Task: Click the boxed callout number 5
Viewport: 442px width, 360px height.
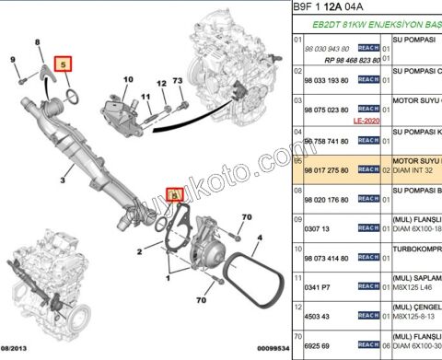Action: coord(64,64)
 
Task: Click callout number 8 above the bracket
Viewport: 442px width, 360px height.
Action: coord(38,43)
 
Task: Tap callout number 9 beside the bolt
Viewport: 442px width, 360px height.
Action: coord(13,61)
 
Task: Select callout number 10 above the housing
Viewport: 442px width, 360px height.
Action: coord(127,79)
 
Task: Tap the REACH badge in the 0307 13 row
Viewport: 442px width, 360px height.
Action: coord(369,226)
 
